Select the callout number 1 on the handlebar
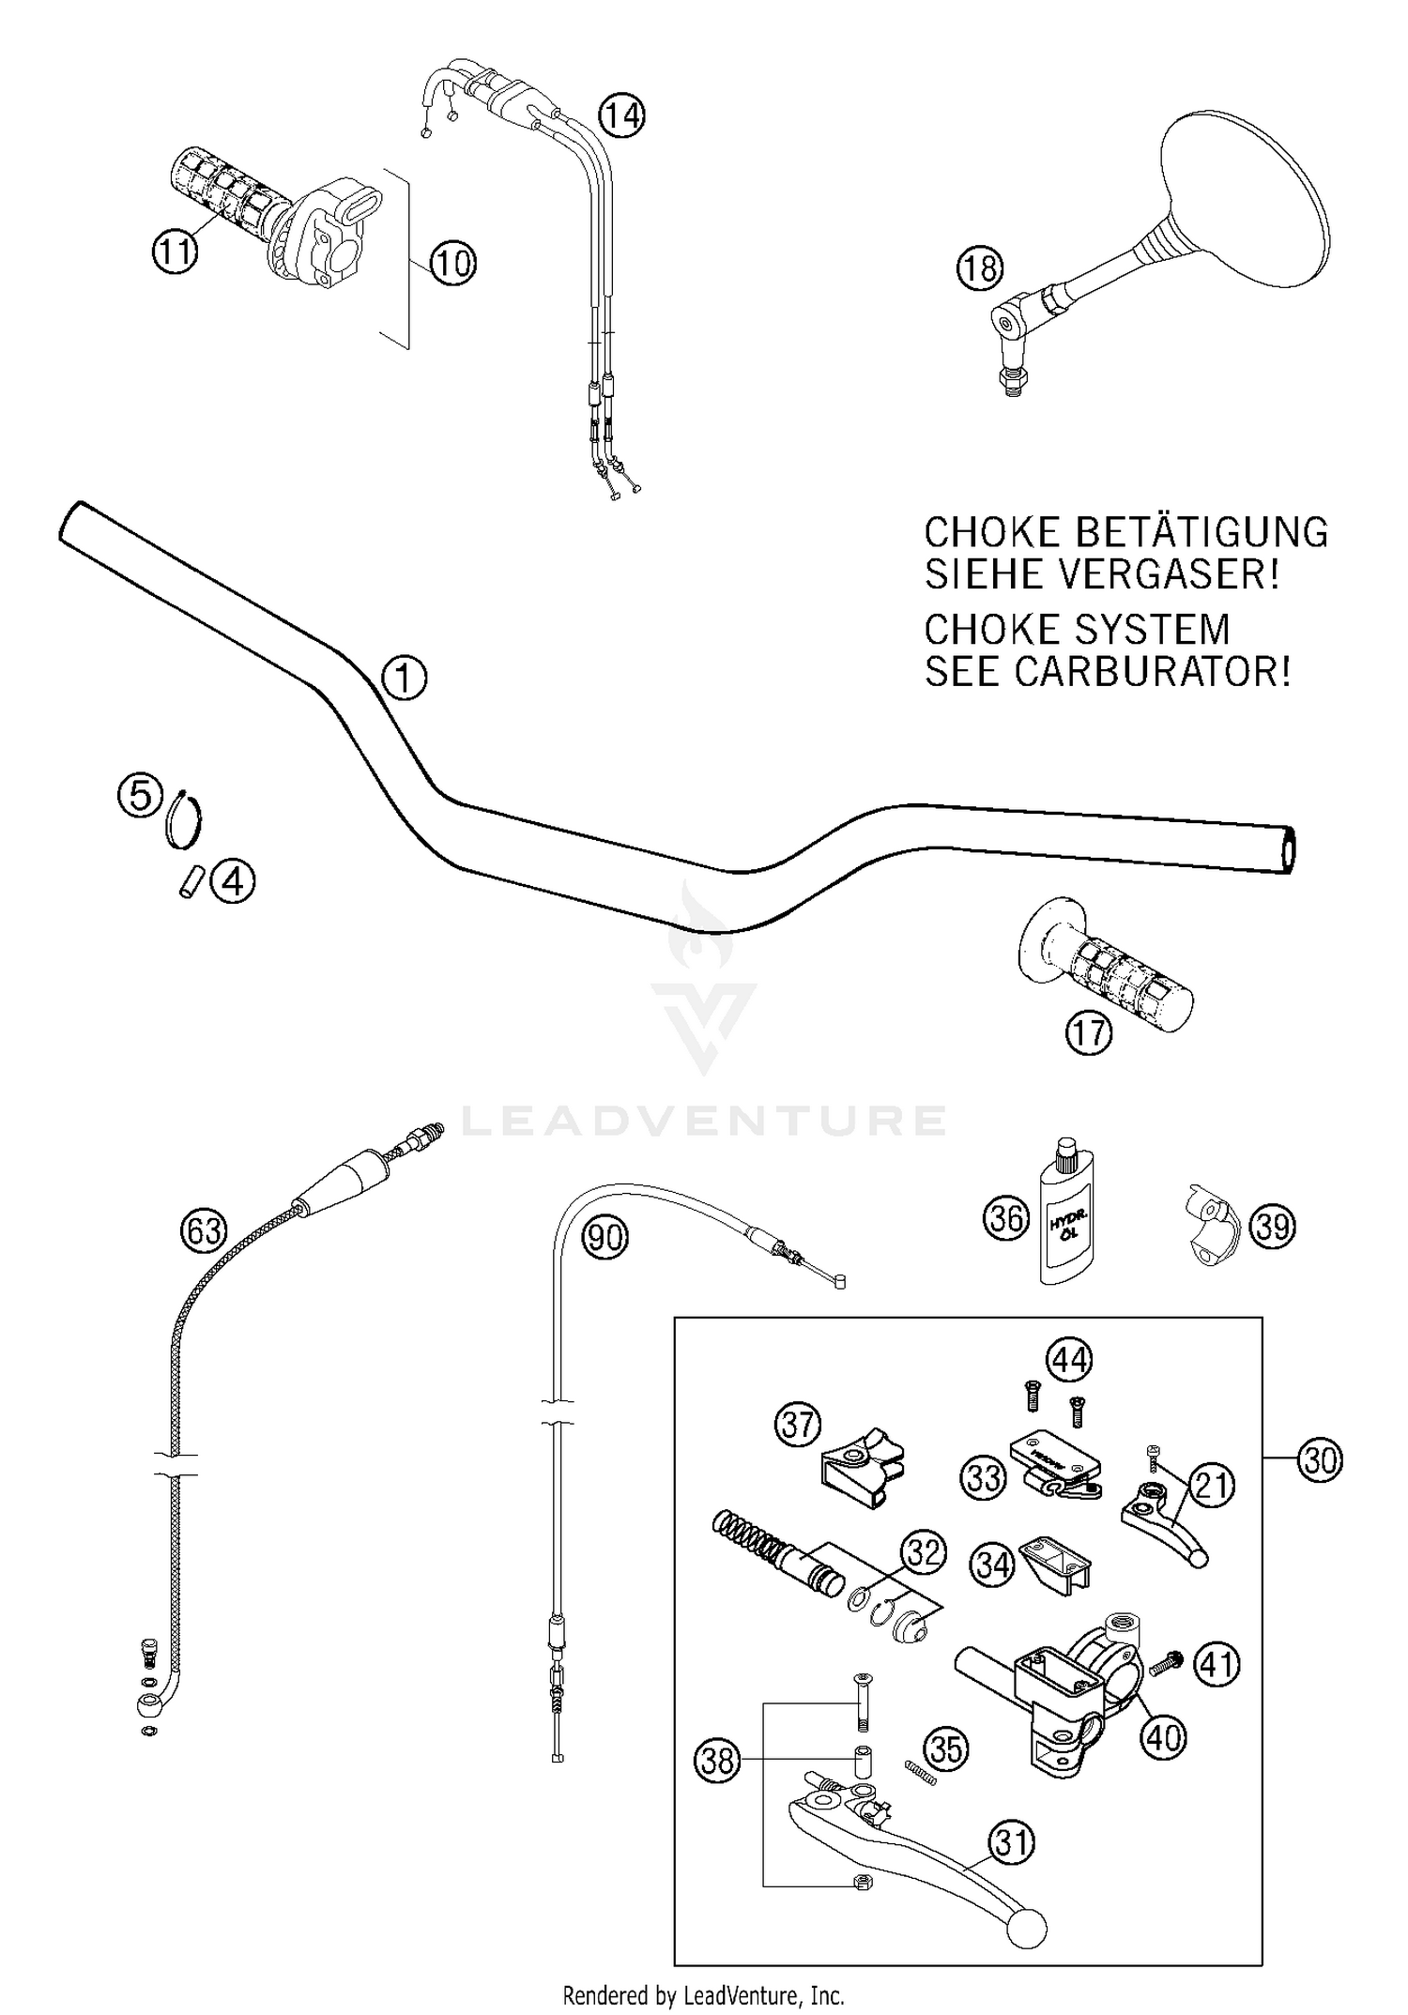tap(404, 678)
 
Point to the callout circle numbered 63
tap(203, 1229)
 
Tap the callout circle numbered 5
tap(140, 796)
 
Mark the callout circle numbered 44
tap(1070, 1359)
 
